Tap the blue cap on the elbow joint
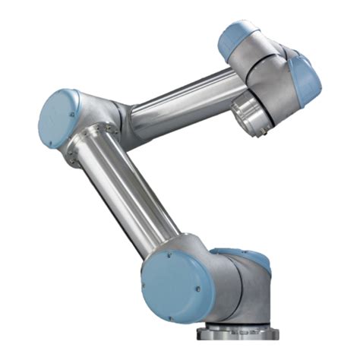59,118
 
